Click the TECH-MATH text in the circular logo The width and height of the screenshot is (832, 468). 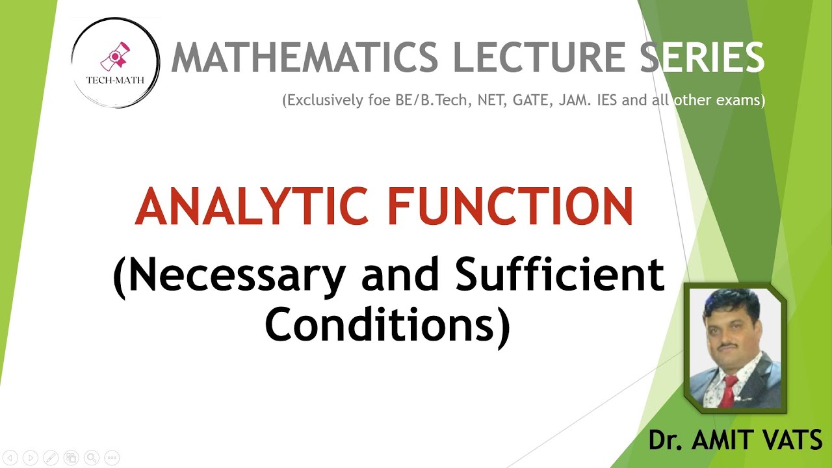(x=115, y=81)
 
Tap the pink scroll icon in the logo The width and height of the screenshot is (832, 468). (x=114, y=59)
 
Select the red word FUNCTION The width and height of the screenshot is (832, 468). (x=510, y=207)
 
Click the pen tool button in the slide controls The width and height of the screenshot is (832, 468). (x=51, y=458)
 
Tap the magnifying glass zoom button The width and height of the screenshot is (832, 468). (x=92, y=458)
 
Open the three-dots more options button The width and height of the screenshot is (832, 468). (x=112, y=458)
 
